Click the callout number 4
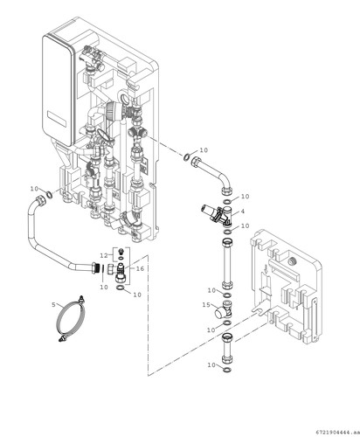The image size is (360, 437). (243, 212)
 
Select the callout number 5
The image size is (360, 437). (53, 305)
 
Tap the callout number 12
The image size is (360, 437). (104, 255)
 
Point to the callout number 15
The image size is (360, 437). (206, 305)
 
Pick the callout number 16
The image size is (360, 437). (140, 268)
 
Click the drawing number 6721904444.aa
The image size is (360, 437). (336, 431)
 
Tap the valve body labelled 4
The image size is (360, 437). (218, 214)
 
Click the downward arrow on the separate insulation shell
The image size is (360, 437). (266, 269)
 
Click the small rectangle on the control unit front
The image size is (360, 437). (57, 121)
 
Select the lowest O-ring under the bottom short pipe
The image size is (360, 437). (227, 370)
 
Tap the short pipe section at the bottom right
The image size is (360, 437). (227, 347)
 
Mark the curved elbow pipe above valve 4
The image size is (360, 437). (212, 174)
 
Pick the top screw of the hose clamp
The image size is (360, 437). (81, 299)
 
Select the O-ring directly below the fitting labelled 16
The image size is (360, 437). (121, 288)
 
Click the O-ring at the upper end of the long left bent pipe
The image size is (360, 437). (50, 194)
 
